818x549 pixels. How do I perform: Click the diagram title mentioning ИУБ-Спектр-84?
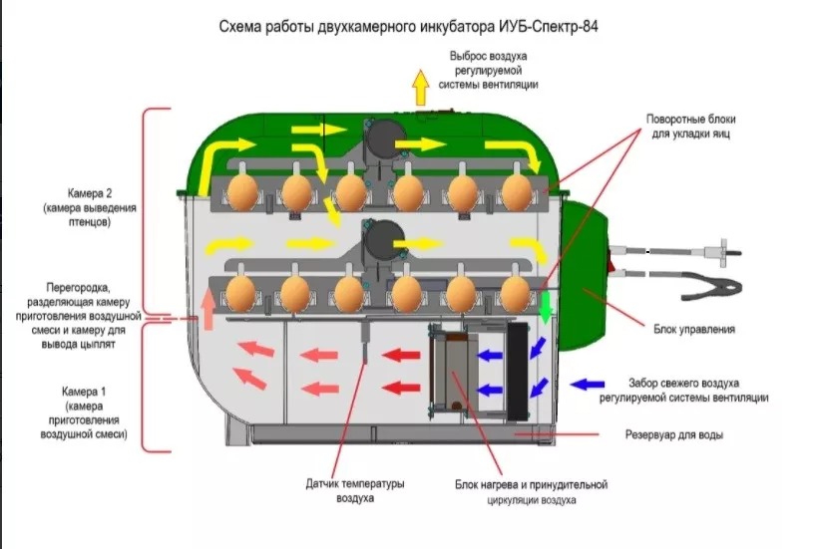pyautogui.click(x=408, y=26)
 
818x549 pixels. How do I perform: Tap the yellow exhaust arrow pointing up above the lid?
pyautogui.click(x=421, y=87)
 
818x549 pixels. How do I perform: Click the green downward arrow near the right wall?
pyautogui.click(x=546, y=307)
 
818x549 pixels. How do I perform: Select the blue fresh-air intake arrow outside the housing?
pyautogui.click(x=588, y=385)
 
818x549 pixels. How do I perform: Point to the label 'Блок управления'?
pyautogui.click(x=694, y=329)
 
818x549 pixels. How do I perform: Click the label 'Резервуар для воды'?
pyautogui.click(x=674, y=434)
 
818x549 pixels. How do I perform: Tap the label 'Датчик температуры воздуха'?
pyautogui.click(x=355, y=490)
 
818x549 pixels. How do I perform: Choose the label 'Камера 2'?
pyautogui.click(x=89, y=193)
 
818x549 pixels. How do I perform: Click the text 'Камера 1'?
pyautogui.click(x=84, y=392)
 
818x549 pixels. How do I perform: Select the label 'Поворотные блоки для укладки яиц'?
pyautogui.click(x=690, y=127)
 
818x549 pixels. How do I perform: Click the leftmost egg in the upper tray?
pyautogui.click(x=242, y=191)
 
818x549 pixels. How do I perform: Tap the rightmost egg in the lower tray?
pyautogui.click(x=516, y=293)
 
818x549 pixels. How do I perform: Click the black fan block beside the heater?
pyautogui.click(x=518, y=371)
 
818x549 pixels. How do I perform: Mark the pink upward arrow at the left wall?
pyautogui.click(x=208, y=309)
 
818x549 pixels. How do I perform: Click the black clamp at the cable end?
pyautogui.click(x=711, y=286)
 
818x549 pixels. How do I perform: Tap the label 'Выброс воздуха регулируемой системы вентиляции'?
pyautogui.click(x=488, y=71)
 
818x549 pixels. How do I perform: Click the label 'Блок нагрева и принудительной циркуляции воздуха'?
pyautogui.click(x=531, y=492)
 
